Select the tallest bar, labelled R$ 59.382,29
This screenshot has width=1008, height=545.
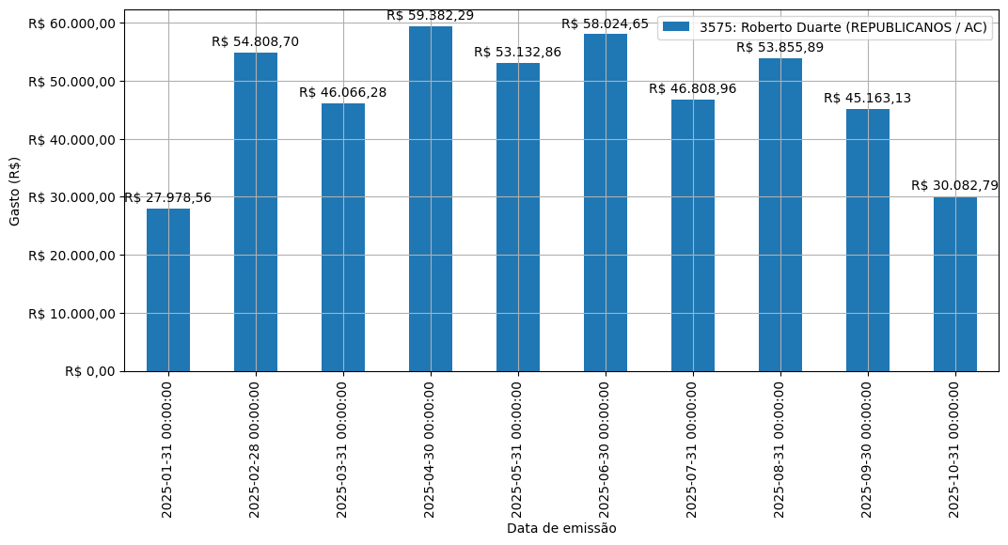431,198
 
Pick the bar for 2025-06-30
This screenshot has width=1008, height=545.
606,202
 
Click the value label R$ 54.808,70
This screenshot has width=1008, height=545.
256,41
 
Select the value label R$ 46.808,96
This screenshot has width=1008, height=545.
693,88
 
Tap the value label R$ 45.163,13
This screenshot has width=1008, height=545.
868,98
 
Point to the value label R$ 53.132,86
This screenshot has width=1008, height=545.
518,52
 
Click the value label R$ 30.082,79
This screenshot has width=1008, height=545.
955,185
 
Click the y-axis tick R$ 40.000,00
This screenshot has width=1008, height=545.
71,139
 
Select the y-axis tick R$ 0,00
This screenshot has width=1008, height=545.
90,371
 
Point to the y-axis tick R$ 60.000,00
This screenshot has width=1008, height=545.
71,23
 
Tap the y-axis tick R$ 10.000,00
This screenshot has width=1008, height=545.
71,313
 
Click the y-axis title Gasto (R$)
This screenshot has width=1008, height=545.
15,191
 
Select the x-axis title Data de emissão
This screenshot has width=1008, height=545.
561,528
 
